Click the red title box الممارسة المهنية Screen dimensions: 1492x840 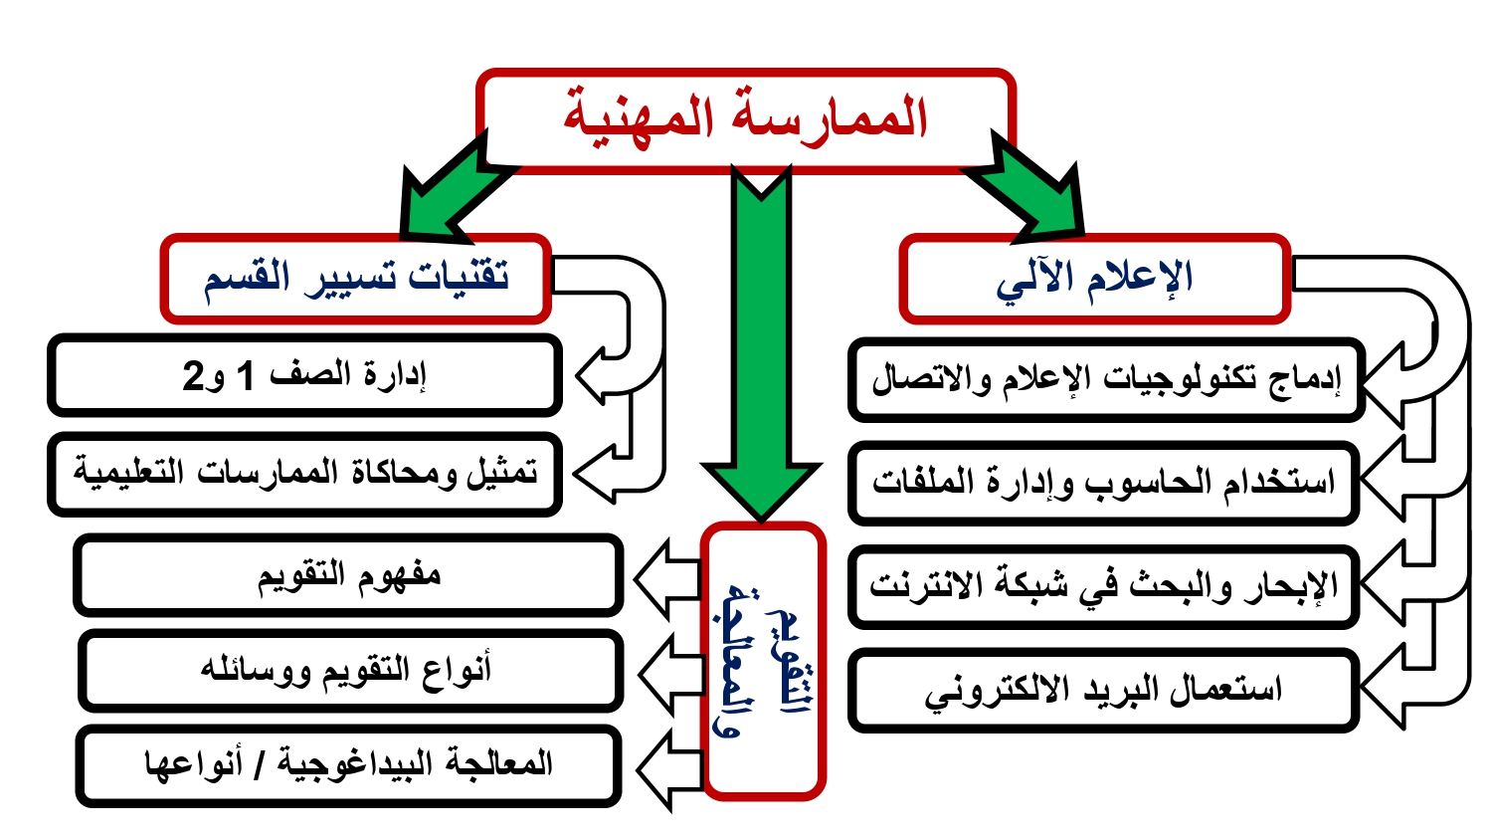(746, 120)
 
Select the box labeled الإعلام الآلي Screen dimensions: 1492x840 (1094, 279)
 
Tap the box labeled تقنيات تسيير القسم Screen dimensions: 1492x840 (356, 279)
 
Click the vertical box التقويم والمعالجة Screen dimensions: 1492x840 (763, 661)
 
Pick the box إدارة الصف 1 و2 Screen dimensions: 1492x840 (304, 376)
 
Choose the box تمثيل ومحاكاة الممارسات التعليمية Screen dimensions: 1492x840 (304, 474)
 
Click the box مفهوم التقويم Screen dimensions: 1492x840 (348, 575)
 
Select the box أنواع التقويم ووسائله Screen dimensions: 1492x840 (350, 671)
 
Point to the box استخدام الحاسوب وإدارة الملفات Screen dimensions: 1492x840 (1104, 483)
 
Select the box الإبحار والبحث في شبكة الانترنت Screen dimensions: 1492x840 (1104, 586)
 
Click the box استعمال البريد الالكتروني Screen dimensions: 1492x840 (1104, 690)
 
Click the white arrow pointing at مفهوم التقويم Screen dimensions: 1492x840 (667, 578)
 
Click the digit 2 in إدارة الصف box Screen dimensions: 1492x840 (193, 376)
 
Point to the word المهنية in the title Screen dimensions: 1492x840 (639, 118)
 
